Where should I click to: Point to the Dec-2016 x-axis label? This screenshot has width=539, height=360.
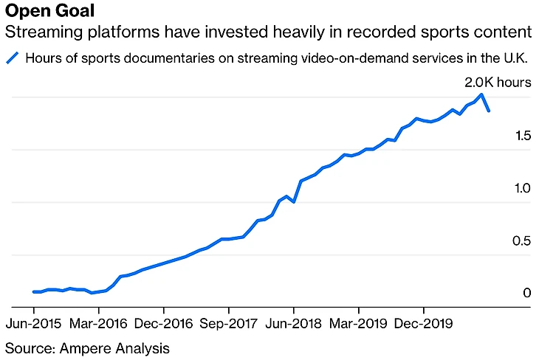165,323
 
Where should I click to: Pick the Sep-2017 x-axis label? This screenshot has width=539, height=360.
229,323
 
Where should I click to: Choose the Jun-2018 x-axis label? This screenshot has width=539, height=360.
293,323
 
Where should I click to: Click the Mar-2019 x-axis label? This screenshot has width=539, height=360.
358,323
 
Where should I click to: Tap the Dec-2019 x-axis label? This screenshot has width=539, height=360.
423,323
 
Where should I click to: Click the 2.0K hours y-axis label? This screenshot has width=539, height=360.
497,82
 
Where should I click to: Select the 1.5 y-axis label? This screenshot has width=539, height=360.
523,136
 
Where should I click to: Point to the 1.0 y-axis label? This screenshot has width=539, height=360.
523,188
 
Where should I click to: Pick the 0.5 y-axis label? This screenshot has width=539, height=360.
523,241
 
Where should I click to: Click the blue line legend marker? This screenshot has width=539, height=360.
12,58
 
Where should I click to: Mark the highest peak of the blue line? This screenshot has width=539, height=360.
481,94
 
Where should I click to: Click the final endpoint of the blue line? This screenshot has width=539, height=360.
489,111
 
